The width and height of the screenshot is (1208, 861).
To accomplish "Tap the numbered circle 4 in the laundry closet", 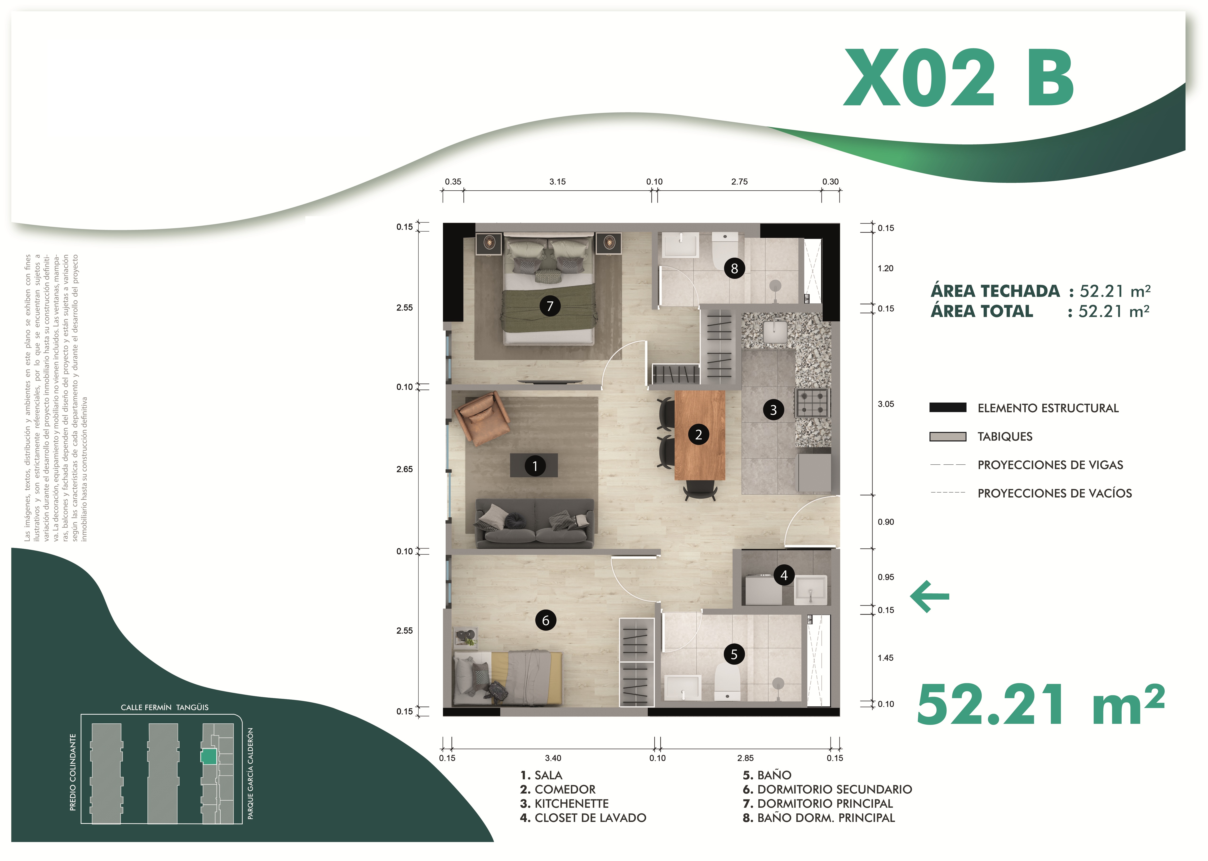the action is [784, 575].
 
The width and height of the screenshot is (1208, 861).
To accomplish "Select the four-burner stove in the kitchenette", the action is [812, 402].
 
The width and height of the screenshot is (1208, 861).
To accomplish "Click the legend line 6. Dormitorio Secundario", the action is [827, 789].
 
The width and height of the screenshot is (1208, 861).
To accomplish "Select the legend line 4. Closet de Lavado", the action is [583, 818].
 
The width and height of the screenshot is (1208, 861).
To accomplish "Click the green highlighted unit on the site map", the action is [209, 756].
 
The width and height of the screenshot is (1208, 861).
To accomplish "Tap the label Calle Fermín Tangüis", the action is [165, 707].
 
